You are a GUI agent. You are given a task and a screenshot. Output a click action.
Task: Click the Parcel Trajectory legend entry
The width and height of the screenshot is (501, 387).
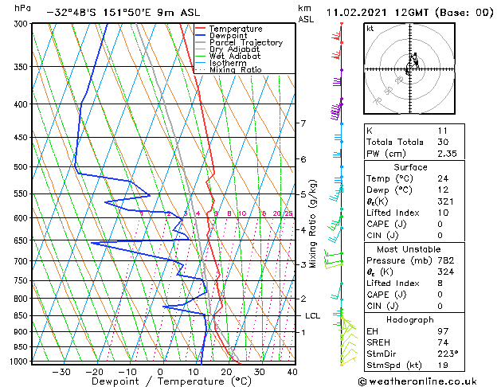pyautogui.click(x=248, y=43)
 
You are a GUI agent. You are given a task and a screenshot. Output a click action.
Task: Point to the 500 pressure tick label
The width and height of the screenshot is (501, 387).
pyautogui.click(x=22, y=167)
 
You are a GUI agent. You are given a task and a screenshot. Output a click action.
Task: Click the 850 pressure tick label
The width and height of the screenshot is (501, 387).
pyautogui.click(x=22, y=316)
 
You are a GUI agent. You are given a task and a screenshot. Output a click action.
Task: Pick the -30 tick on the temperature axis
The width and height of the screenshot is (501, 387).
pyautogui.click(x=61, y=372)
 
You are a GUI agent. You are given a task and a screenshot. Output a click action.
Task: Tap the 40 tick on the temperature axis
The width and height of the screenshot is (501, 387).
pyautogui.click(x=292, y=372)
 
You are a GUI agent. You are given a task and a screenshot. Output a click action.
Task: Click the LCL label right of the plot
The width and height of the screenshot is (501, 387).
pyautogui.click(x=312, y=316)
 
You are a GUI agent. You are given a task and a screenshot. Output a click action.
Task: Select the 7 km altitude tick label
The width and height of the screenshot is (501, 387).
pyautogui.click(x=303, y=123)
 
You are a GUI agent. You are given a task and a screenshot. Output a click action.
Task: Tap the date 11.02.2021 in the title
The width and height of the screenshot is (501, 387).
pyautogui.click(x=358, y=13)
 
